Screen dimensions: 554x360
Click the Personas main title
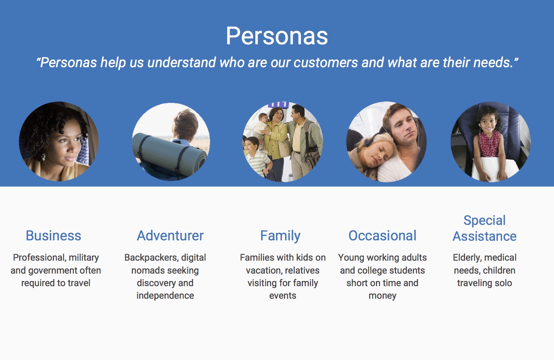coord(277,37)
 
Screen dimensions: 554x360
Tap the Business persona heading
coord(54,236)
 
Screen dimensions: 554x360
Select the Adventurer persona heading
coord(170,236)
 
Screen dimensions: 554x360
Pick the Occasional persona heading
coord(382,236)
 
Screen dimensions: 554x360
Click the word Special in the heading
coord(484,220)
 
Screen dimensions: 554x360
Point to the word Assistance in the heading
coord(485,236)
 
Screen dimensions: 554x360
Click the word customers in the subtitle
coord(326,62)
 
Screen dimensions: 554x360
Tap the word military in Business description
coord(84,258)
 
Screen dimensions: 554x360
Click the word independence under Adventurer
coord(165,296)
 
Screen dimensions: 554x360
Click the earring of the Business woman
coord(44,157)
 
